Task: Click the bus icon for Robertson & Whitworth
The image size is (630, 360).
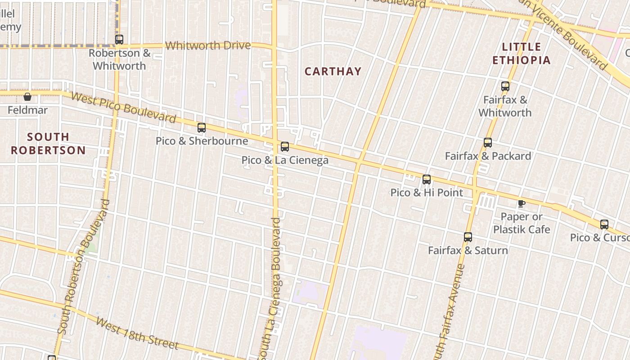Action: [119, 40]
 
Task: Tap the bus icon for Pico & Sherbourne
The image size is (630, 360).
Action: [202, 128]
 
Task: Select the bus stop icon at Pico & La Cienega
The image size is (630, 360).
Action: [285, 147]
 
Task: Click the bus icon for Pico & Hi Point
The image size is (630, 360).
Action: [427, 180]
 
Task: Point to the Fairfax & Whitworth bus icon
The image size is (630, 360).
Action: [505, 86]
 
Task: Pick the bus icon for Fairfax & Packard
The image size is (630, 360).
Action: [488, 143]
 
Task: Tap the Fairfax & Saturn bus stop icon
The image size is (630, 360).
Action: [468, 237]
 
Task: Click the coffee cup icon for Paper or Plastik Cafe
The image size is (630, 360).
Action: [521, 203]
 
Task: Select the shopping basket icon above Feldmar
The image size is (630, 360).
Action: [27, 97]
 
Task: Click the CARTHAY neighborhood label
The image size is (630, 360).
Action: [333, 72]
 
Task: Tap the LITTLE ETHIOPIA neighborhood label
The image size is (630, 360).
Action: [522, 54]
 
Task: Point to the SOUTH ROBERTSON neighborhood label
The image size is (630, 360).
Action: [48, 144]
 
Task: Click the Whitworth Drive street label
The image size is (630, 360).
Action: [208, 45]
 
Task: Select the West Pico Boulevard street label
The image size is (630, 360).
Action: [123, 108]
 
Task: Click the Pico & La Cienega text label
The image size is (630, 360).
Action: [285, 160]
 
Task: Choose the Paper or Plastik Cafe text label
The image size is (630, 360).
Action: [522, 223]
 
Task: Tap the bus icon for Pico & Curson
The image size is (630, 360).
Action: [604, 224]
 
